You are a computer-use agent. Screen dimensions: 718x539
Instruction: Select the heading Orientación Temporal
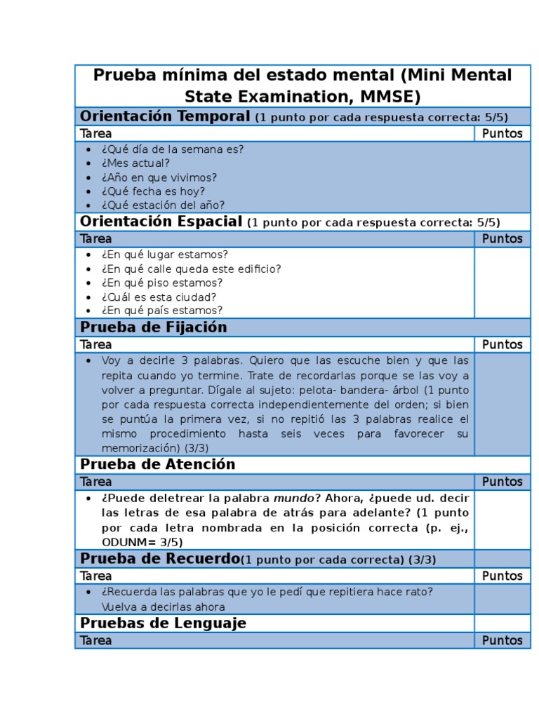click(165, 116)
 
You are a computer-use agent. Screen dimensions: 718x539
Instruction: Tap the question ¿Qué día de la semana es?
click(172, 149)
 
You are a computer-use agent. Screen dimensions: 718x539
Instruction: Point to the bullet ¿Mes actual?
click(135, 163)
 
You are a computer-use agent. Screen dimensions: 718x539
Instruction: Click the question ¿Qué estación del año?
click(162, 205)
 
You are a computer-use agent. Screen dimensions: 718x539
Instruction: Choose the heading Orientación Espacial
click(161, 222)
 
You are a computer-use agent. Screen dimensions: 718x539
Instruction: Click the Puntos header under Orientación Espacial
click(502, 239)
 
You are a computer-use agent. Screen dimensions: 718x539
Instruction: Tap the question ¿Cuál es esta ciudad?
click(159, 297)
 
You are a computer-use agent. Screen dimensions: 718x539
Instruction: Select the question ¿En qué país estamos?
click(161, 311)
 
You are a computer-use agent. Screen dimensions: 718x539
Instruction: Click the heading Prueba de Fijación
click(154, 327)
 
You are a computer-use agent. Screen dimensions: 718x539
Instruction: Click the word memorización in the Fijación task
click(138, 448)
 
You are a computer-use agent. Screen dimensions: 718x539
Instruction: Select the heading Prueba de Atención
click(158, 465)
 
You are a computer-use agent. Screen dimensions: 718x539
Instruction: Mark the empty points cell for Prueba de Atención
click(502, 520)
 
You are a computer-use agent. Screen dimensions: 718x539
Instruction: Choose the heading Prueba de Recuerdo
click(160, 559)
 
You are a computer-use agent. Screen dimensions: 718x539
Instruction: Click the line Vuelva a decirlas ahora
click(163, 607)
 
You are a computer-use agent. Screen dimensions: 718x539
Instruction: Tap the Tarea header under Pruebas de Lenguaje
click(96, 640)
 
